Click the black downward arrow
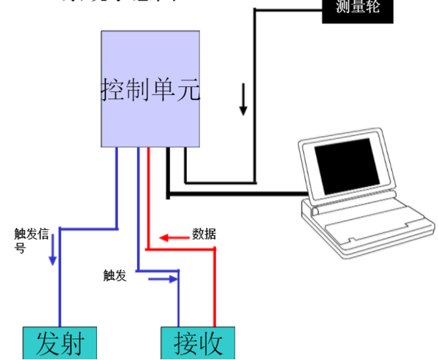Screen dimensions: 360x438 click(243, 102)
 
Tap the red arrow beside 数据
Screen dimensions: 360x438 click(174, 237)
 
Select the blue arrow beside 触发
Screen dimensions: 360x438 click(165, 278)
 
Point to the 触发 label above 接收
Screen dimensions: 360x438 click(115, 275)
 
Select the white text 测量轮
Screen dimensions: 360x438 click(358, 8)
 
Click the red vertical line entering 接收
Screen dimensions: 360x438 click(215, 292)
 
